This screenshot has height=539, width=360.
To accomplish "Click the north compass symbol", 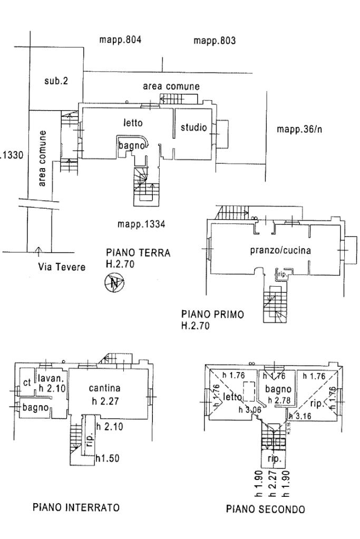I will [115, 283].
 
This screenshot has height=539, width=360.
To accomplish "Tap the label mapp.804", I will [121, 40].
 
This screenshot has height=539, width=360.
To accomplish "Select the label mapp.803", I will [214, 41].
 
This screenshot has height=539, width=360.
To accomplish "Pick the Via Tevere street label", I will [62, 267].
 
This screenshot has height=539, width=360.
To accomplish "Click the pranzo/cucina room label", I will [280, 251].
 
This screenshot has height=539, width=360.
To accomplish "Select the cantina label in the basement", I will [104, 388].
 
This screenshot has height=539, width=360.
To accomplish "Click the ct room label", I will [27, 383].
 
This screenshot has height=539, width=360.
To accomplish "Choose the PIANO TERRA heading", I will [138, 253].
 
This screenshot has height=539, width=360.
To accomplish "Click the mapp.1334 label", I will [141, 224].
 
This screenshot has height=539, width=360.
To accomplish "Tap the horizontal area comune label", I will [172, 86].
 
